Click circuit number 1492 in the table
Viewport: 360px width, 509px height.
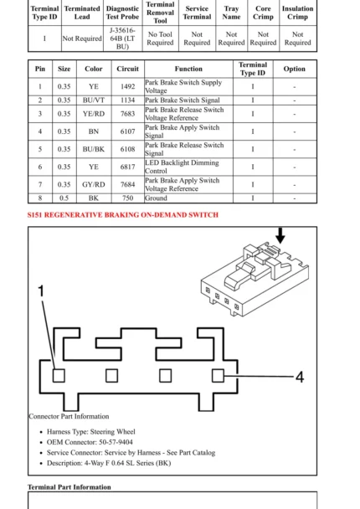click(x=127, y=86)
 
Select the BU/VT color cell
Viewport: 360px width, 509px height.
click(x=94, y=100)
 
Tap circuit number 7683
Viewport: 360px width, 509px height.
click(x=127, y=114)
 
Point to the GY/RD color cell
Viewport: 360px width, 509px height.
click(x=94, y=184)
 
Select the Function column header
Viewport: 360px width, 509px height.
click(x=188, y=69)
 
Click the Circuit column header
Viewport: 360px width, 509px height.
click(x=127, y=69)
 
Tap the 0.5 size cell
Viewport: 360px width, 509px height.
click(x=64, y=198)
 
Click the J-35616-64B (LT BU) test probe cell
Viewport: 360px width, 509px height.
click(x=123, y=39)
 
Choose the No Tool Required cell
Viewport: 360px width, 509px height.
click(x=160, y=39)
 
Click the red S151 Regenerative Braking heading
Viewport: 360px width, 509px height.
click(x=123, y=215)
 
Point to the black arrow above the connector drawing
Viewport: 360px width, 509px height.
click(x=280, y=237)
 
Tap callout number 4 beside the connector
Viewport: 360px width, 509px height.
click(x=299, y=378)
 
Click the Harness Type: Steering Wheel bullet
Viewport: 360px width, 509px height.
click(x=91, y=432)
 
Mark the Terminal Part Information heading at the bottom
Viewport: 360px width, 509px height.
click(x=69, y=487)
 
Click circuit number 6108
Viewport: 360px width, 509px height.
click(x=127, y=149)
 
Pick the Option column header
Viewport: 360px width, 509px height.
click(x=295, y=69)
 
